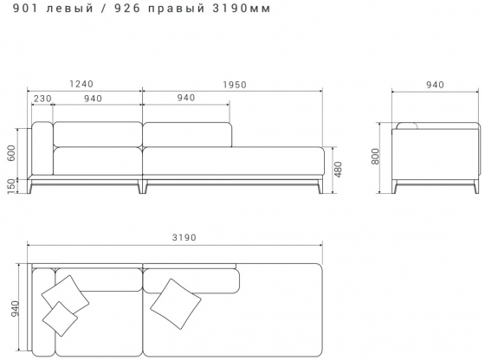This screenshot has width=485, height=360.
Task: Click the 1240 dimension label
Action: (81, 84)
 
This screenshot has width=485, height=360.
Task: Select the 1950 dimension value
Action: (234, 84)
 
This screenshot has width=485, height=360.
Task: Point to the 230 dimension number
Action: (41, 98)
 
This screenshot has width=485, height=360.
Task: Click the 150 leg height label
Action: (11, 186)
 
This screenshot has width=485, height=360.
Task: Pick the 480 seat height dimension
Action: (338, 169)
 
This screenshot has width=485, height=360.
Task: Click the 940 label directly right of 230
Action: (94, 98)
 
